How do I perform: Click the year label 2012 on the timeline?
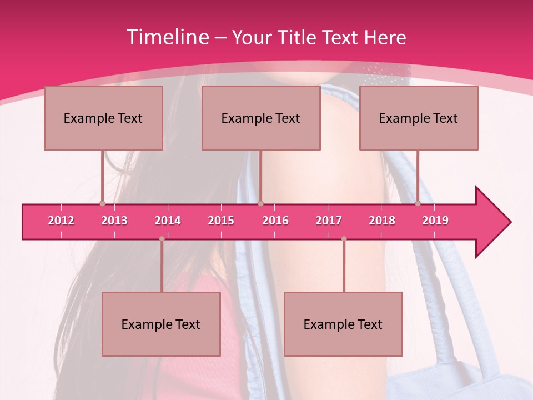tap(61, 221)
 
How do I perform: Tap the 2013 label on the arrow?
tap(114, 221)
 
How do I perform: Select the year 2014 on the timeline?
tap(168, 221)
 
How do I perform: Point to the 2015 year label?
tap(221, 221)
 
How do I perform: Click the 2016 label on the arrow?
tap(275, 221)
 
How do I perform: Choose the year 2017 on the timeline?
tap(329, 221)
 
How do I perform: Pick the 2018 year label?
tap(382, 221)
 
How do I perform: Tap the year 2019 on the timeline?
tap(435, 221)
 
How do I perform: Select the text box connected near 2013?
tap(103, 118)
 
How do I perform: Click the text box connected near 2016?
tap(261, 118)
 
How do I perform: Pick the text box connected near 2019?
tap(419, 118)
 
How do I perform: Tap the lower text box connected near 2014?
tap(161, 324)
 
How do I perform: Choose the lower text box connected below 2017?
tap(343, 324)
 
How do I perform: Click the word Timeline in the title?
tap(167, 37)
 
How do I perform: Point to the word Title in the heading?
tap(298, 37)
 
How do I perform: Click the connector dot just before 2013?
tap(102, 204)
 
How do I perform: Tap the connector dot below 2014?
tap(162, 239)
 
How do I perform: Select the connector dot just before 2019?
tap(418, 204)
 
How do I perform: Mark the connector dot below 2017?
tap(344, 239)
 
